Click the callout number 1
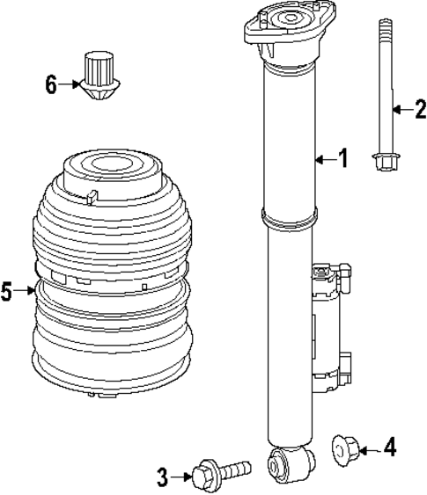343,158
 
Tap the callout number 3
162,477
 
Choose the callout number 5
8,291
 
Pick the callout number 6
51,84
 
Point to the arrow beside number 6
70,85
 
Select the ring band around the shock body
288,221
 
